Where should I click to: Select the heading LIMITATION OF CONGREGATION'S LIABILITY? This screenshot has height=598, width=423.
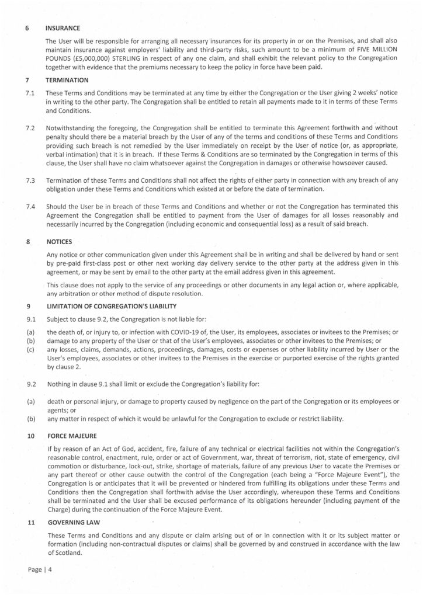108,305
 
